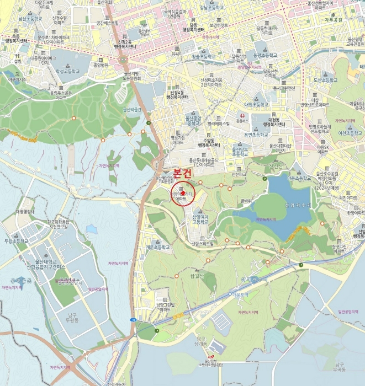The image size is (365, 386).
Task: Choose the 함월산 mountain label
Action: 197,276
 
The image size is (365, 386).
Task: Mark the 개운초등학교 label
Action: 158,248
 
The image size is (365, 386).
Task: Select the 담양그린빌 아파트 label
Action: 165,307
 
